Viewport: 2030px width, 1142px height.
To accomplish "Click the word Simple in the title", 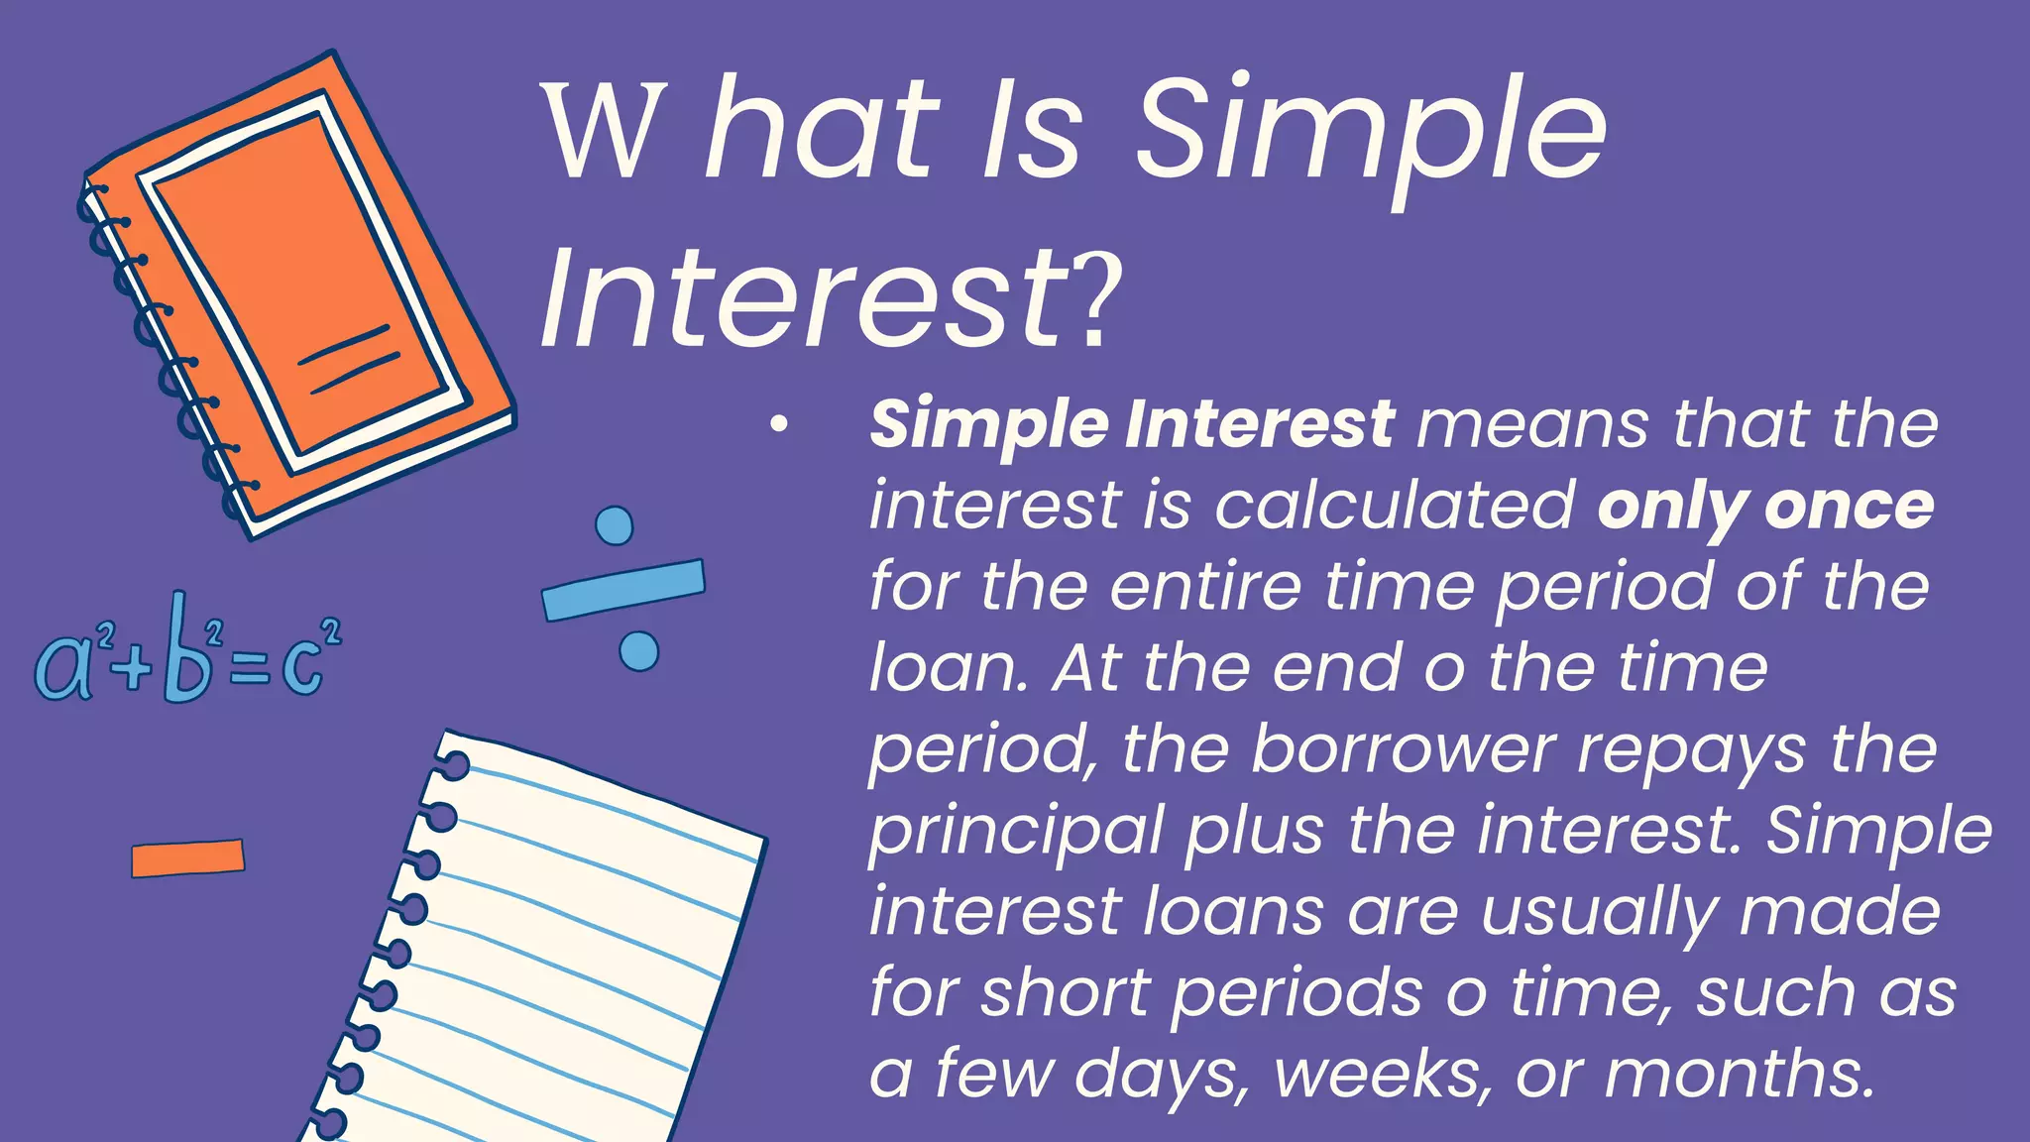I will point(1368,134).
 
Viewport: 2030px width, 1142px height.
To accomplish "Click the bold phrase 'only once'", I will point(1765,507).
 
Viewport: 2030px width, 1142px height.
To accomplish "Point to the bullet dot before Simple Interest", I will point(779,425).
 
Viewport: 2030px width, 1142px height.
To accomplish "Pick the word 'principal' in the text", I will point(1016,831).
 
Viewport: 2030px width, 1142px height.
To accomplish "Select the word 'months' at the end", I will point(1740,1074).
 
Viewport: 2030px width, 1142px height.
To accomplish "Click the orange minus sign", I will point(187,858).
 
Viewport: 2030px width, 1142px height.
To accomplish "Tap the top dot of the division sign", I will point(615,525).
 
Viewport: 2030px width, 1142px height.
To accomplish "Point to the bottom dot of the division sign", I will point(638,651).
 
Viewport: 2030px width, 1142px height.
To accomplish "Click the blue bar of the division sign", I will point(623,590).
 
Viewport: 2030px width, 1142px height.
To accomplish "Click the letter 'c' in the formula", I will point(302,666).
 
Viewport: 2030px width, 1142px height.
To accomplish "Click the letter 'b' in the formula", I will point(187,654).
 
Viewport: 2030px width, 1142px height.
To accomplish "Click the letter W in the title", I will point(602,134).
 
